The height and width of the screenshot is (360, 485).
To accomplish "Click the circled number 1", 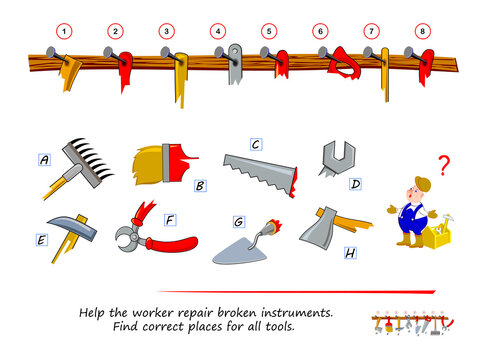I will [65, 31].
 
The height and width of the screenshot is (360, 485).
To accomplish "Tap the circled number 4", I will [218, 31].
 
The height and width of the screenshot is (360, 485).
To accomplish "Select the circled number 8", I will [423, 31].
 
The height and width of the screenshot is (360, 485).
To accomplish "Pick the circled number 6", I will [321, 31].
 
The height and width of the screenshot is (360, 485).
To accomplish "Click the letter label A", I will [44, 158].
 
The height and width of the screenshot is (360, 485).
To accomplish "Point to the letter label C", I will [256, 144].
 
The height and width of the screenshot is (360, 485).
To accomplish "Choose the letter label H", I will [350, 253].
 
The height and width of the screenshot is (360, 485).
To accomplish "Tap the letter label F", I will [169, 217].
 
